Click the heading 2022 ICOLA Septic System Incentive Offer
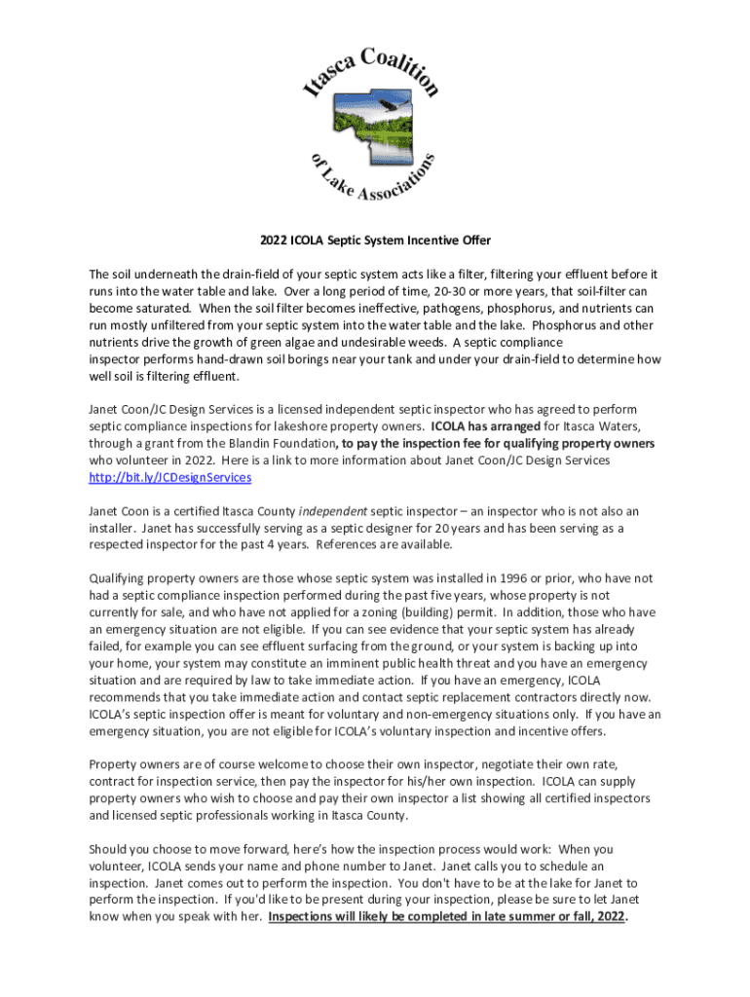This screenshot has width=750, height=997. (375, 240)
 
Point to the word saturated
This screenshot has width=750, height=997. (149, 309)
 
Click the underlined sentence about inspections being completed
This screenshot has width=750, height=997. (447, 916)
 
